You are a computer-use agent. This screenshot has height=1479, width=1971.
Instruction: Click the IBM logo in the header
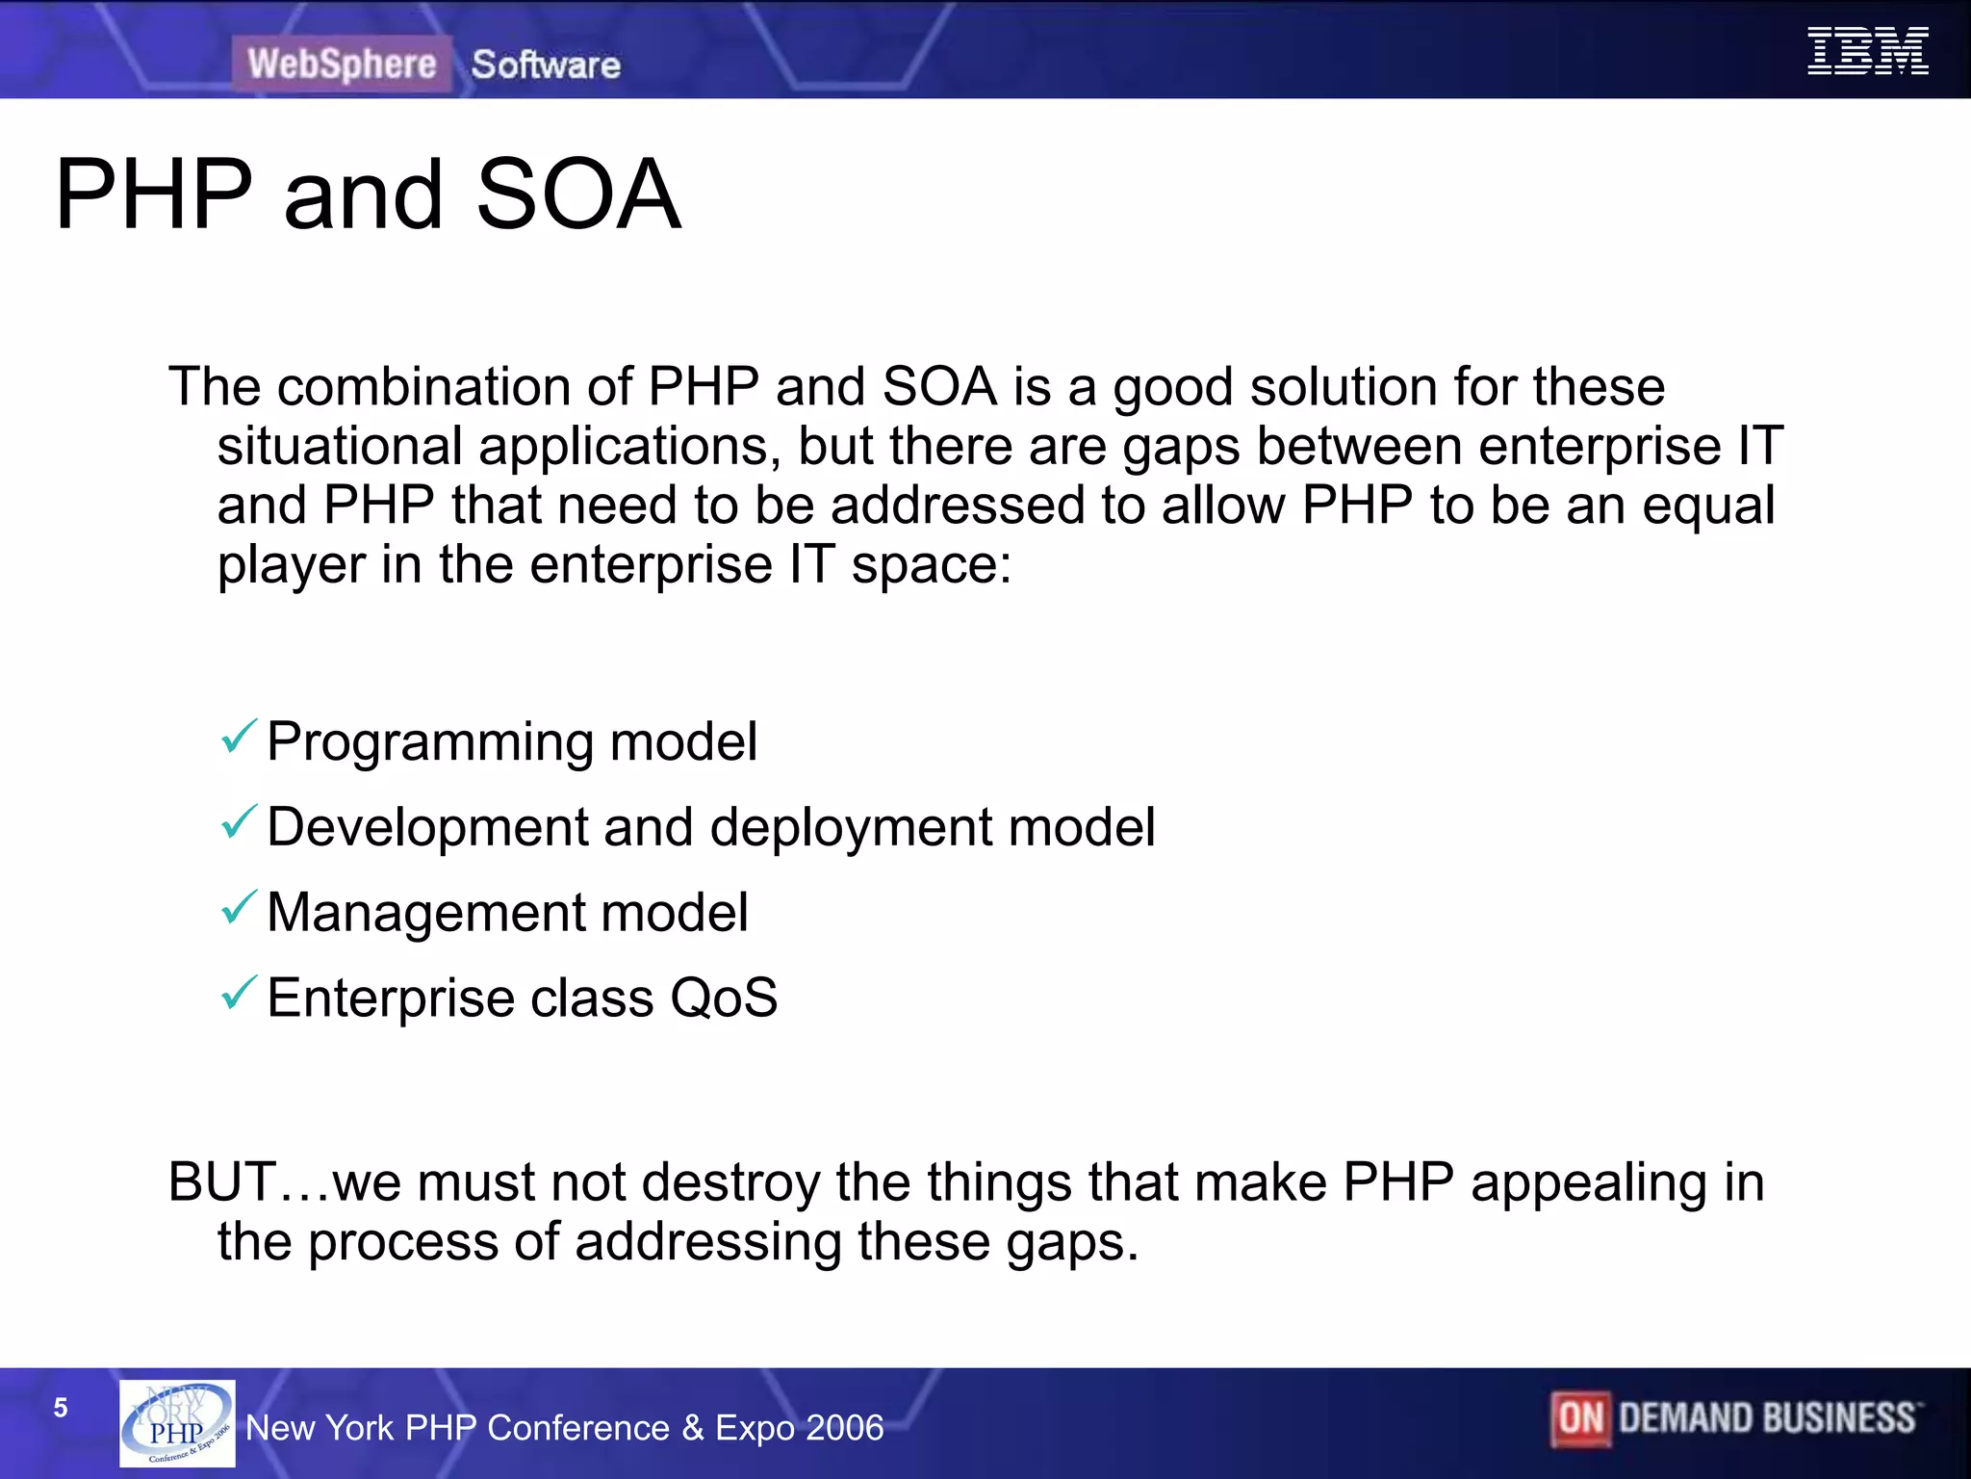[x=1867, y=52]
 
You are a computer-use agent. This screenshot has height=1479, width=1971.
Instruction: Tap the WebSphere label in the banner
[x=342, y=65]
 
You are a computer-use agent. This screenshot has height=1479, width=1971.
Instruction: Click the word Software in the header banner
[x=546, y=65]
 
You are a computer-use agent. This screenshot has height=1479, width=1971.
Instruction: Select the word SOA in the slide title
[x=578, y=195]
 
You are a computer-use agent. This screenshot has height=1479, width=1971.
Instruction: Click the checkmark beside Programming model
[x=239, y=738]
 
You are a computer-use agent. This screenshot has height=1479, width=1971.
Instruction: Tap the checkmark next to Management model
[x=239, y=908]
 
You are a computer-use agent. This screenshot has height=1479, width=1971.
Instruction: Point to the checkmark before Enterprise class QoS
[x=239, y=993]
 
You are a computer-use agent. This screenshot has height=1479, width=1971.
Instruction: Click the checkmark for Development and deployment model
[x=239, y=822]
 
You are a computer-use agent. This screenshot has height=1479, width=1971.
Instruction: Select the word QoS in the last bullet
[x=724, y=998]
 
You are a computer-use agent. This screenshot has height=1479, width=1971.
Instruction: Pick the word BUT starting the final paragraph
[x=222, y=1182]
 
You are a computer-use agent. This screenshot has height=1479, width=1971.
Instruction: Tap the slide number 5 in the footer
[x=61, y=1408]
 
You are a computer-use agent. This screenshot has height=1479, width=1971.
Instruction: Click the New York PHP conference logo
[x=177, y=1423]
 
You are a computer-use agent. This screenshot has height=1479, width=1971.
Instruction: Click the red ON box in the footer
[x=1580, y=1419]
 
